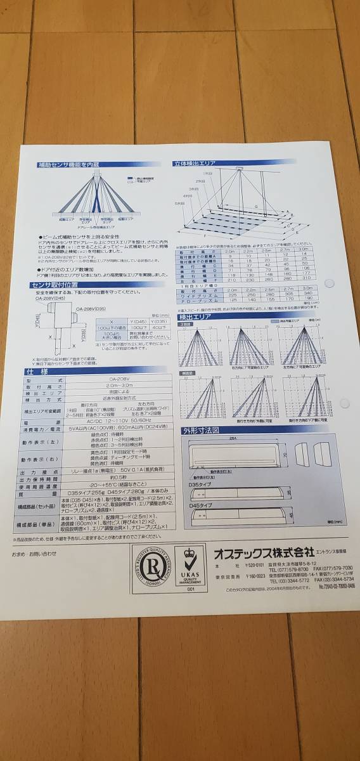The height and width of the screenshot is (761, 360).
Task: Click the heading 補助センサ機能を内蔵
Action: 68,164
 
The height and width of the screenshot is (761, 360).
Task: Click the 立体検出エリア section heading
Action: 195,163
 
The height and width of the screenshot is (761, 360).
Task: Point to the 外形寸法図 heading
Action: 201,430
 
